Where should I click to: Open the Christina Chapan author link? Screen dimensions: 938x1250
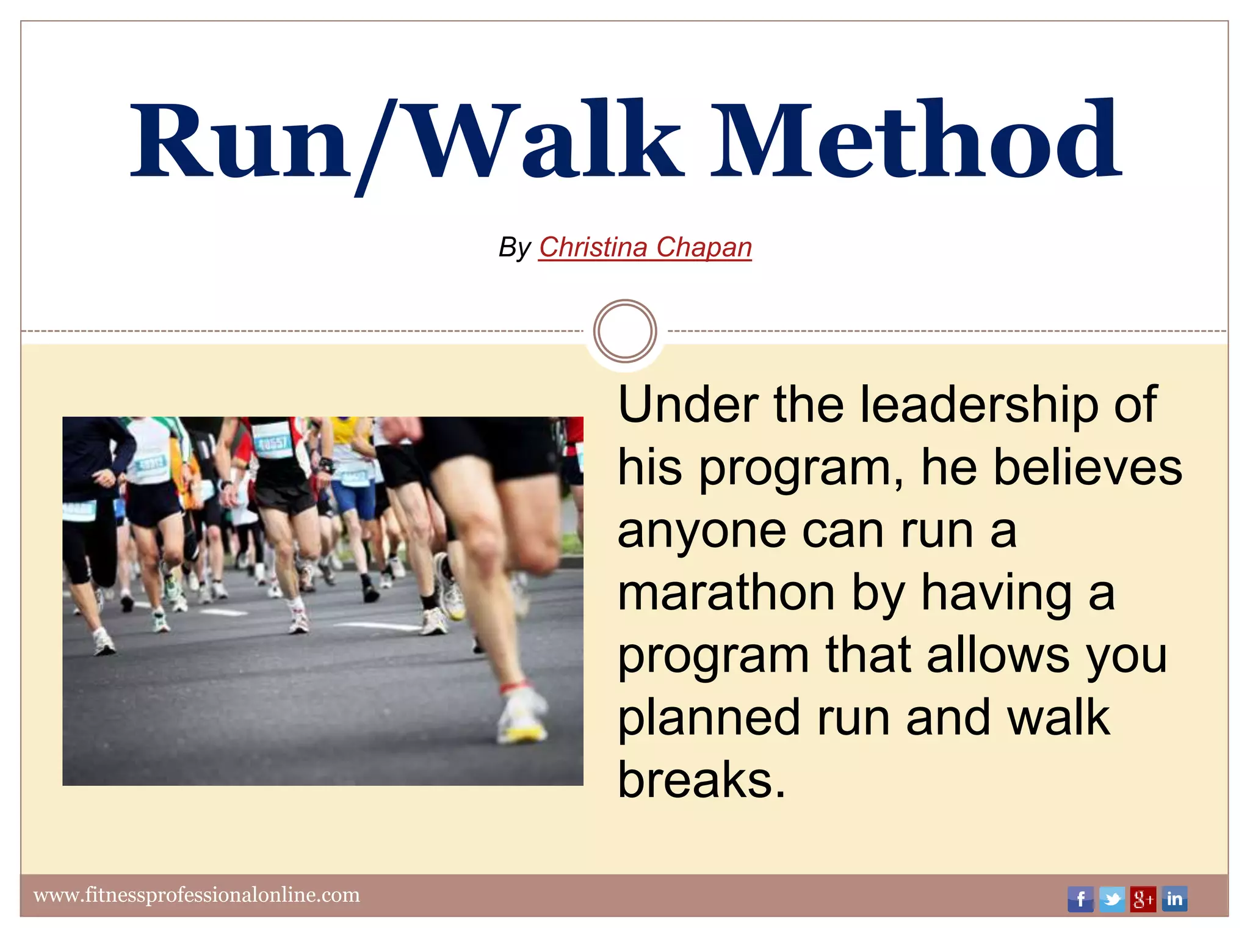pos(645,247)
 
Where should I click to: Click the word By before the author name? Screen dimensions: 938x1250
pos(514,248)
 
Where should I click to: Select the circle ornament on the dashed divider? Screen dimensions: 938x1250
pos(625,331)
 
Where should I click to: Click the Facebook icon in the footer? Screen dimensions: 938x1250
pos(1080,899)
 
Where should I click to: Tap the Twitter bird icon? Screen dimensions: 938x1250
pos(1111,899)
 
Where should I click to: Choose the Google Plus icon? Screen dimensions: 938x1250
pos(1143,899)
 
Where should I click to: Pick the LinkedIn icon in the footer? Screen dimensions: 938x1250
pos(1174,899)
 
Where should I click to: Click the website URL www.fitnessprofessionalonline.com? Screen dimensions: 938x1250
pos(197,895)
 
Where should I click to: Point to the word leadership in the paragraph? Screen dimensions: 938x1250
pos(979,405)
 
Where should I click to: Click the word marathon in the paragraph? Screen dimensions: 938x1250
pos(726,593)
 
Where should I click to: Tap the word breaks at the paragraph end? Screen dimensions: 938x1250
pos(701,780)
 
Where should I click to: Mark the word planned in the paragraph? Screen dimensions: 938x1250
pos(709,718)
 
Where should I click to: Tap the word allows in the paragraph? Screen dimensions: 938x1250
pos(997,655)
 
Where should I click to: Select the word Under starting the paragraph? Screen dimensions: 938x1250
pos(688,405)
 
